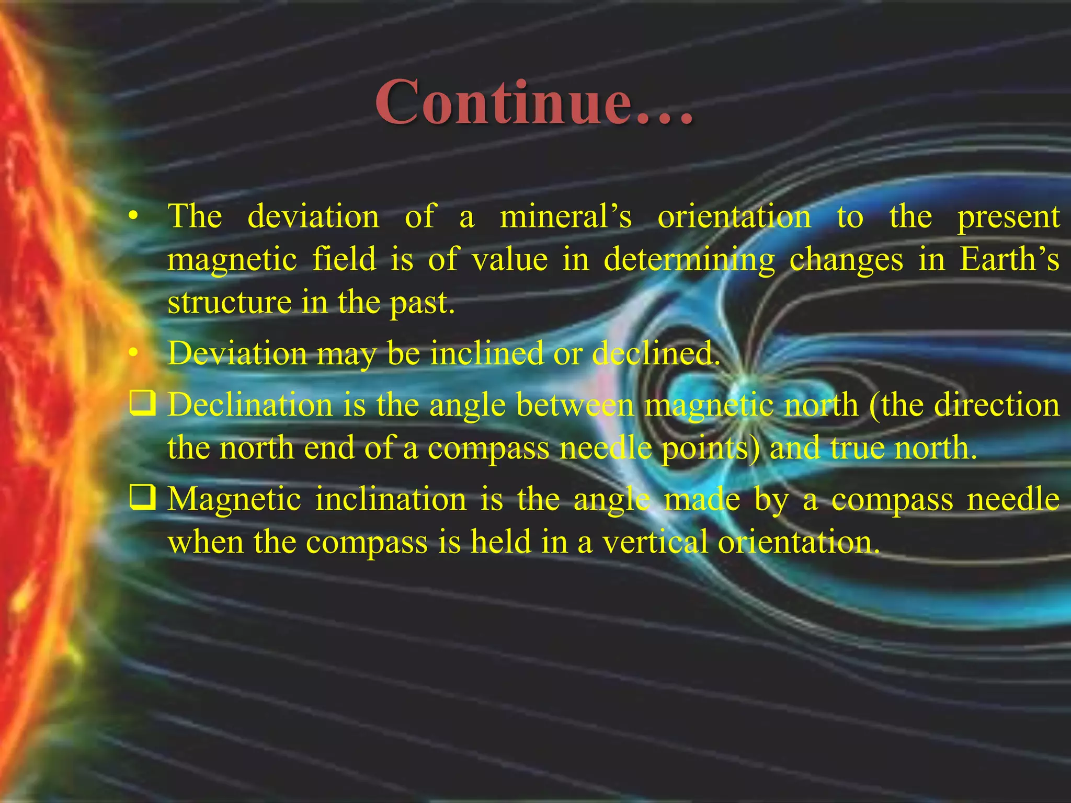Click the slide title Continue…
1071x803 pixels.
coord(534,102)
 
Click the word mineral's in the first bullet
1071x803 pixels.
coord(566,216)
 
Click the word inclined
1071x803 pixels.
coord(487,353)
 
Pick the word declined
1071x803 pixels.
coord(656,353)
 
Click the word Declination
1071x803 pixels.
coord(250,405)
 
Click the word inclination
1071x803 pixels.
coord(391,499)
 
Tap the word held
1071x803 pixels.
coord(500,542)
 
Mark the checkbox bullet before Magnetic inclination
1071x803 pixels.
coord(142,498)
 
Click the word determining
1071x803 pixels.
coord(689,260)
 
